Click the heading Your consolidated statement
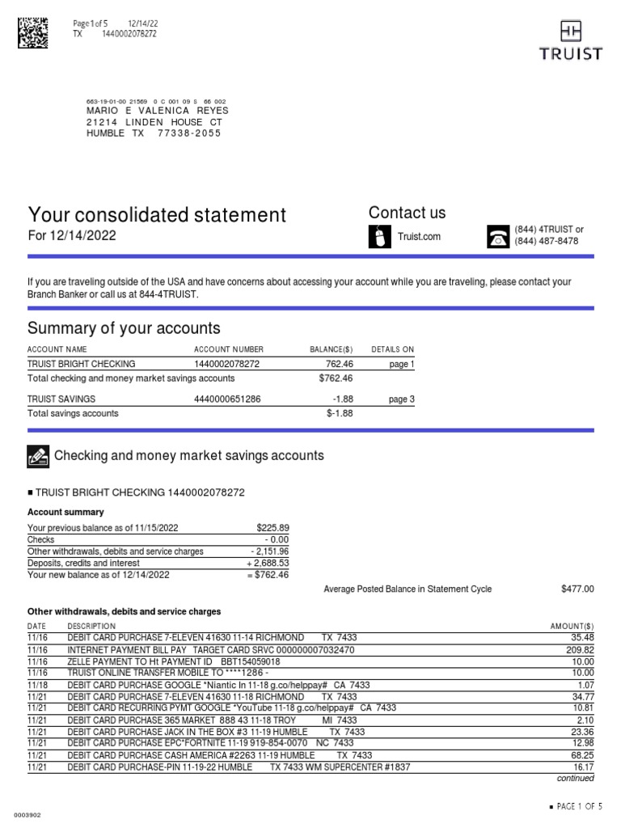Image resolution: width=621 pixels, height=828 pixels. point(157,214)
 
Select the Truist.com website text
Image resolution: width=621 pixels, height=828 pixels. point(420,236)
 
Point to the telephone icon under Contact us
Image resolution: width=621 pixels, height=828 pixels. point(497,235)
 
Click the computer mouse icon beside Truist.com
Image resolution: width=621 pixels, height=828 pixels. point(378,236)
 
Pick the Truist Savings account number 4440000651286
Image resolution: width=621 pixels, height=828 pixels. point(226,399)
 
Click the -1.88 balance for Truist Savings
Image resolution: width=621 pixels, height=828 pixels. point(343,399)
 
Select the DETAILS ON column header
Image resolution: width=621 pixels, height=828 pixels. point(392,349)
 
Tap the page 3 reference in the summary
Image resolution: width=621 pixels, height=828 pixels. point(401,399)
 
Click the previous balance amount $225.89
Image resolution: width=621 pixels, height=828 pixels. point(272,528)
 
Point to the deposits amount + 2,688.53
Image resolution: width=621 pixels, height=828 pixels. point(268,563)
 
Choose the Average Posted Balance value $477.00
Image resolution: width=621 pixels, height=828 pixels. point(577,589)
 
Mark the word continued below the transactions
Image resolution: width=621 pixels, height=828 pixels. point(576,779)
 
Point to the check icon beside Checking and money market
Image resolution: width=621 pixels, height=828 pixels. point(38,456)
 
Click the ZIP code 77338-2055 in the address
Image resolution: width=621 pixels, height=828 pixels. point(189,133)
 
